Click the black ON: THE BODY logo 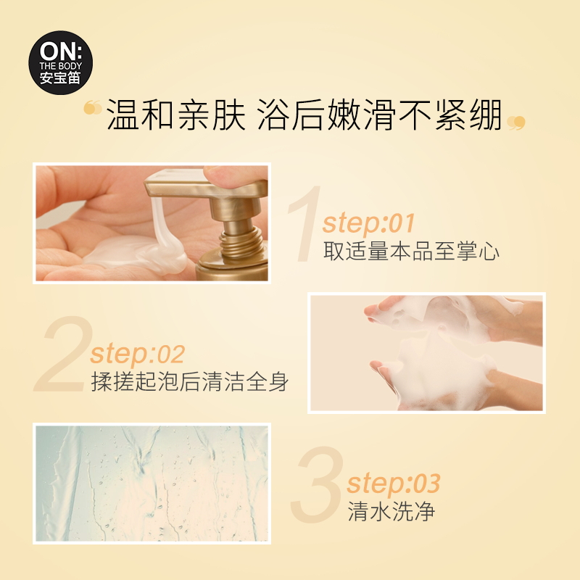coord(61,62)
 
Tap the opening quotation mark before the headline coord(93,107)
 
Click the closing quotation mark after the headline coord(516,123)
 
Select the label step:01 coord(368,223)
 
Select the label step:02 coord(137,354)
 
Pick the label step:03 coord(394,483)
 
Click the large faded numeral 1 coord(305,224)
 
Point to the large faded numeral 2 coord(64,354)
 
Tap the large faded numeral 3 coord(317,484)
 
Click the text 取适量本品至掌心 coord(411,251)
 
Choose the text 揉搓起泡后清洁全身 coord(189,381)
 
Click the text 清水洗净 coord(391,512)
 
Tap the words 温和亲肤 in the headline coord(176,115)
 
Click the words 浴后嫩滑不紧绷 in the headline coord(379,115)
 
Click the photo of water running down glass coord(152,484)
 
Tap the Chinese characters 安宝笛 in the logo coord(60,78)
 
